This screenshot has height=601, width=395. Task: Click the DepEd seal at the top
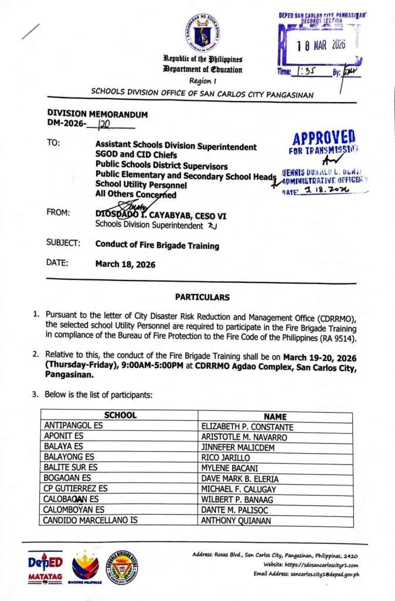(203, 32)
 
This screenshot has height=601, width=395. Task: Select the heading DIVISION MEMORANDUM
(97, 114)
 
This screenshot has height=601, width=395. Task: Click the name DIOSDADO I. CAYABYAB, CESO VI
(161, 215)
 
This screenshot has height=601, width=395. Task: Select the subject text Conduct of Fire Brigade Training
(156, 245)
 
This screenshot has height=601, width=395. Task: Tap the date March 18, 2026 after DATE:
(125, 264)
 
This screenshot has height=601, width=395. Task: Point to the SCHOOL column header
(120, 416)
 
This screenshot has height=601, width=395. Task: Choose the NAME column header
(275, 416)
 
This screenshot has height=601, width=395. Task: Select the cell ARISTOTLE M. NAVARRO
(243, 437)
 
